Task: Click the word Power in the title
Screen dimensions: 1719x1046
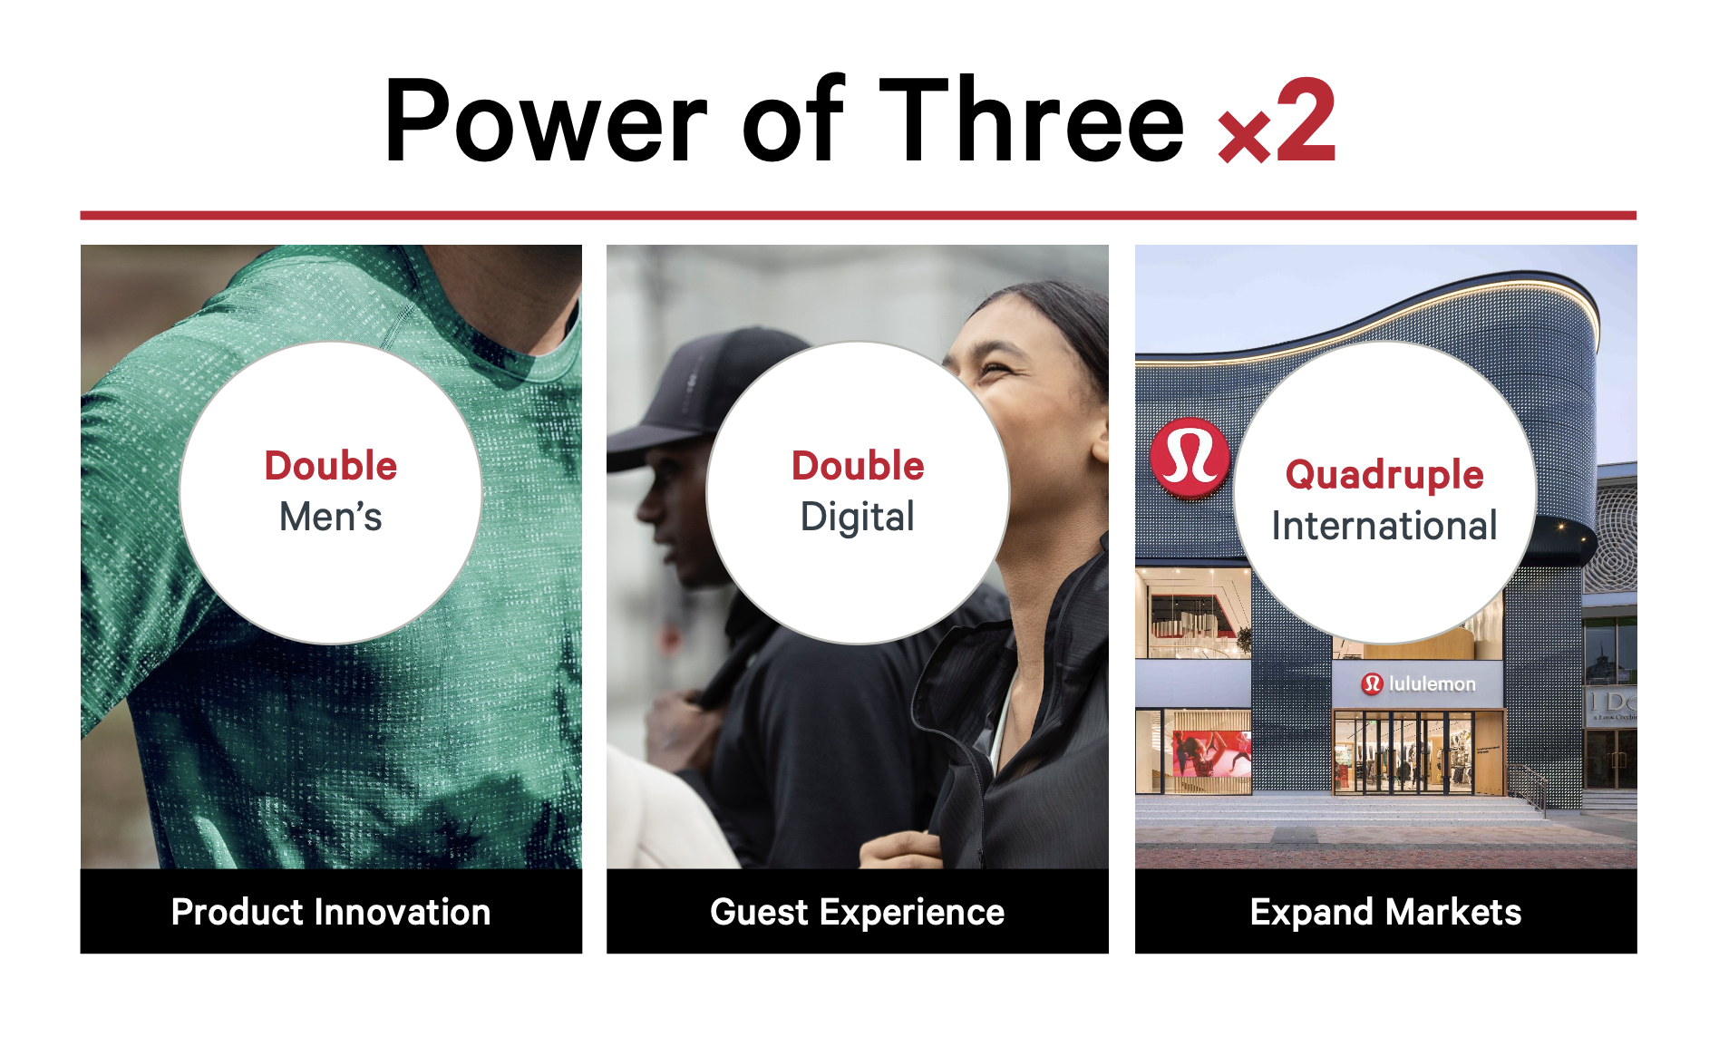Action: click(545, 121)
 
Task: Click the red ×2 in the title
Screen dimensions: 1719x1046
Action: click(1277, 121)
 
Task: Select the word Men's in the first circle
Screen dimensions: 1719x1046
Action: click(331, 517)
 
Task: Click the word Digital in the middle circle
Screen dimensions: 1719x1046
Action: click(858, 518)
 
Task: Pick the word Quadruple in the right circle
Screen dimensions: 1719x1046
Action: click(1384, 475)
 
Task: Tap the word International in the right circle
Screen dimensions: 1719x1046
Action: click(1384, 526)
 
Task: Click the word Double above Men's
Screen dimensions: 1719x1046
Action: click(331, 466)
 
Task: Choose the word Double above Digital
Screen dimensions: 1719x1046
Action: click(858, 466)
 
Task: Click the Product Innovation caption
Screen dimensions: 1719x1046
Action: click(331, 912)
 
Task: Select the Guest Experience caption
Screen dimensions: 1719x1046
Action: click(858, 913)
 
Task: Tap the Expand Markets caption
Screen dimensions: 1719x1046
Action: click(1385, 913)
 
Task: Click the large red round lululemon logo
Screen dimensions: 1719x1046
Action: click(1190, 458)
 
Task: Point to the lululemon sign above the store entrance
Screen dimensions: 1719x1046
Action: click(1419, 683)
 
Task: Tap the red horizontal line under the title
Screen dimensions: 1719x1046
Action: click(858, 216)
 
